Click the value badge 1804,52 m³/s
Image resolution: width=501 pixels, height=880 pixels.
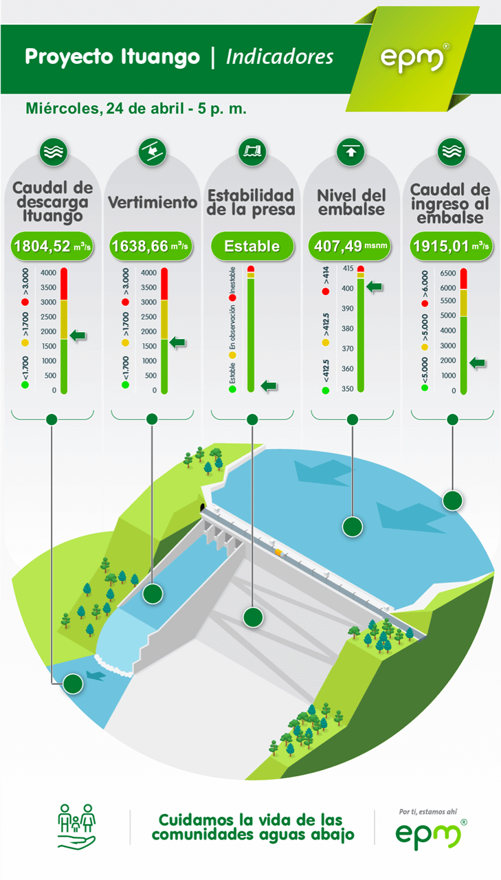(52, 246)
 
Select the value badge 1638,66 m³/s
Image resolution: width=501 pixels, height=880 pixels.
(151, 246)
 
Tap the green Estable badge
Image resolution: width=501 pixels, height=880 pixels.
(252, 246)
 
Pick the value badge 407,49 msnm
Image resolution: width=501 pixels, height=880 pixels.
(350, 246)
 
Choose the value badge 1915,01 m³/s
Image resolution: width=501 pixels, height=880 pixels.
(451, 246)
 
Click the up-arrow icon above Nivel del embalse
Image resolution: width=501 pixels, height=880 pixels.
(350, 152)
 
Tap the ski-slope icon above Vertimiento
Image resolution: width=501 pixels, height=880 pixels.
(153, 152)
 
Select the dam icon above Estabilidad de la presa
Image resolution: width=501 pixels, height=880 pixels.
(252, 152)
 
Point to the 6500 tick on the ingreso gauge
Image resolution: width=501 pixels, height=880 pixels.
(448, 273)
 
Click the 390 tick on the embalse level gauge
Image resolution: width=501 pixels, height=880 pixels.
(348, 309)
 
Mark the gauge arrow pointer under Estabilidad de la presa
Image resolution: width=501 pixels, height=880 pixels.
(269, 386)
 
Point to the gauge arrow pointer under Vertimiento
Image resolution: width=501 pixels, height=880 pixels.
(177, 342)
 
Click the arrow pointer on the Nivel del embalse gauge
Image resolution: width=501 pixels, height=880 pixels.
(375, 287)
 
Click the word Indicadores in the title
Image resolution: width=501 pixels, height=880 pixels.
(280, 57)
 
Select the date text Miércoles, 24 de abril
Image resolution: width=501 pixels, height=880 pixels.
(104, 109)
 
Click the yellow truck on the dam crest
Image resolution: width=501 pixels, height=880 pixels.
(279, 553)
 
